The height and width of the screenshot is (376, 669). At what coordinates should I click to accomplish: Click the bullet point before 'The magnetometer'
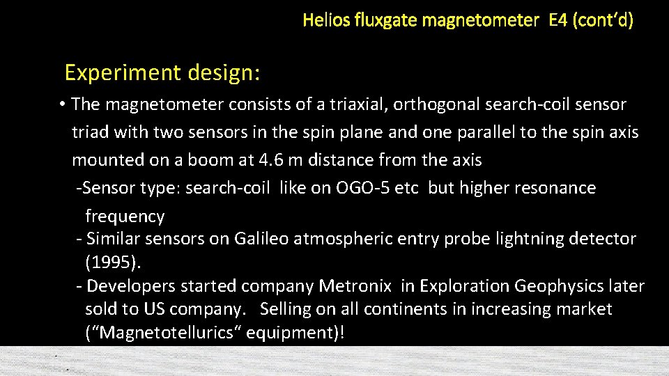pyautogui.click(x=62, y=104)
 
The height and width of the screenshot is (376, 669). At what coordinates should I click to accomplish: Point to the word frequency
pyautogui.click(x=125, y=217)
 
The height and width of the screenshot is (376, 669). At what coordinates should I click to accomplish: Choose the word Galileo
pyautogui.click(x=261, y=239)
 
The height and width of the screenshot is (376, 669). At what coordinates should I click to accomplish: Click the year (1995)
pyautogui.click(x=112, y=263)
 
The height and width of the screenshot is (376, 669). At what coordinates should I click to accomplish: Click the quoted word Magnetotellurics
pyautogui.click(x=166, y=333)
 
